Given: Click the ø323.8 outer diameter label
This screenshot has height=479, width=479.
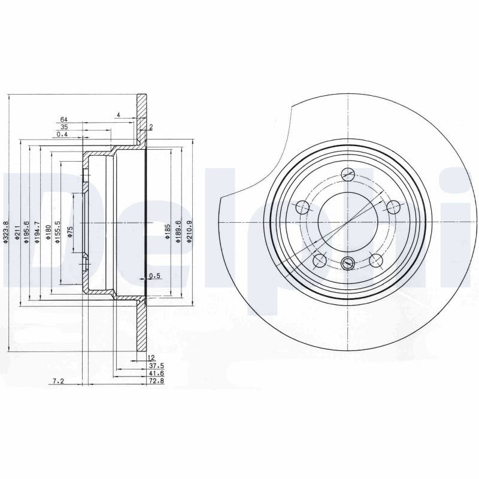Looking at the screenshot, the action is (5, 232).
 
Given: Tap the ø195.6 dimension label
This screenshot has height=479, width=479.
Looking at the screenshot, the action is (26, 232).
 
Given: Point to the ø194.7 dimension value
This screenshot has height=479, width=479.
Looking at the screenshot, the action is (37, 232).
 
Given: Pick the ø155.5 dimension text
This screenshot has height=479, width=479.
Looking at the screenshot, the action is (57, 232).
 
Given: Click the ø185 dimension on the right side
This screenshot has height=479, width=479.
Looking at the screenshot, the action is (168, 232).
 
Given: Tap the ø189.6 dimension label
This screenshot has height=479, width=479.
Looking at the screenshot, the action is (178, 232).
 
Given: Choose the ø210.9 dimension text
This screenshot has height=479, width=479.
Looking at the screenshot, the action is (189, 232).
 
